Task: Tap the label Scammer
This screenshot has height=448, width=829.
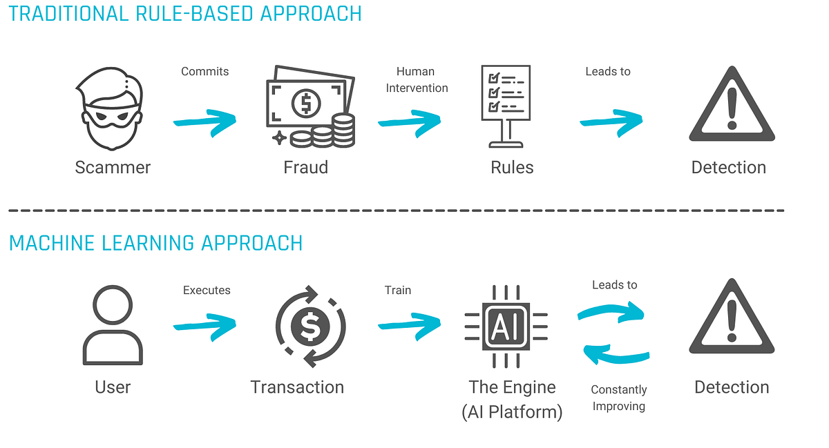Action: point(113,167)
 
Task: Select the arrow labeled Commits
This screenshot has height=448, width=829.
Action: point(204,121)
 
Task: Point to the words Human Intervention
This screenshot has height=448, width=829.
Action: point(417,79)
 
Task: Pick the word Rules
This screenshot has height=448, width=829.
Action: point(512,167)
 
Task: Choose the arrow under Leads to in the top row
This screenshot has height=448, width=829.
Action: point(611,120)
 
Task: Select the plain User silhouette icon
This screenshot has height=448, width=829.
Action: point(112,326)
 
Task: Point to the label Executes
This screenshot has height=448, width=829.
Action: point(207,290)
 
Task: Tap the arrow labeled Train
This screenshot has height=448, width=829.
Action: point(409,322)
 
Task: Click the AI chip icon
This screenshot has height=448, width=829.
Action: point(506,327)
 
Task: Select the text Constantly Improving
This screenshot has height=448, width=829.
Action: point(619,398)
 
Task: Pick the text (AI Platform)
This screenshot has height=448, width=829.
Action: point(512,411)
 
